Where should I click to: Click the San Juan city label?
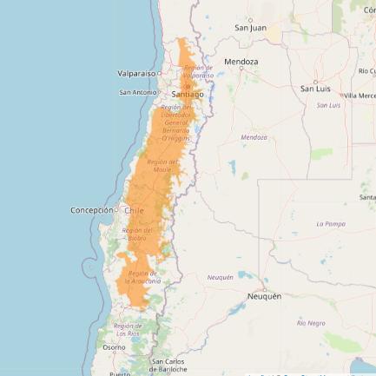click(250, 28)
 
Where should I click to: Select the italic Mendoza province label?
click(254, 136)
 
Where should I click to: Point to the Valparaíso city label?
click(136, 74)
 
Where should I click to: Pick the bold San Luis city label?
click(315, 89)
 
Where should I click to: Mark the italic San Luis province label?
click(327, 105)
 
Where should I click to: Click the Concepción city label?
click(92, 209)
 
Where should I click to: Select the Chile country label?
click(134, 209)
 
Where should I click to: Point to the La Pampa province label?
click(331, 223)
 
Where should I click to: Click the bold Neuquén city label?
click(264, 295)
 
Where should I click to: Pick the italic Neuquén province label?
click(220, 277)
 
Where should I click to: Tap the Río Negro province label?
click(311, 322)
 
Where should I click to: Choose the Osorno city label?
click(114, 346)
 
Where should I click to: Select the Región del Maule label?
click(162, 165)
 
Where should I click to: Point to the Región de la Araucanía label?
click(142, 277)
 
